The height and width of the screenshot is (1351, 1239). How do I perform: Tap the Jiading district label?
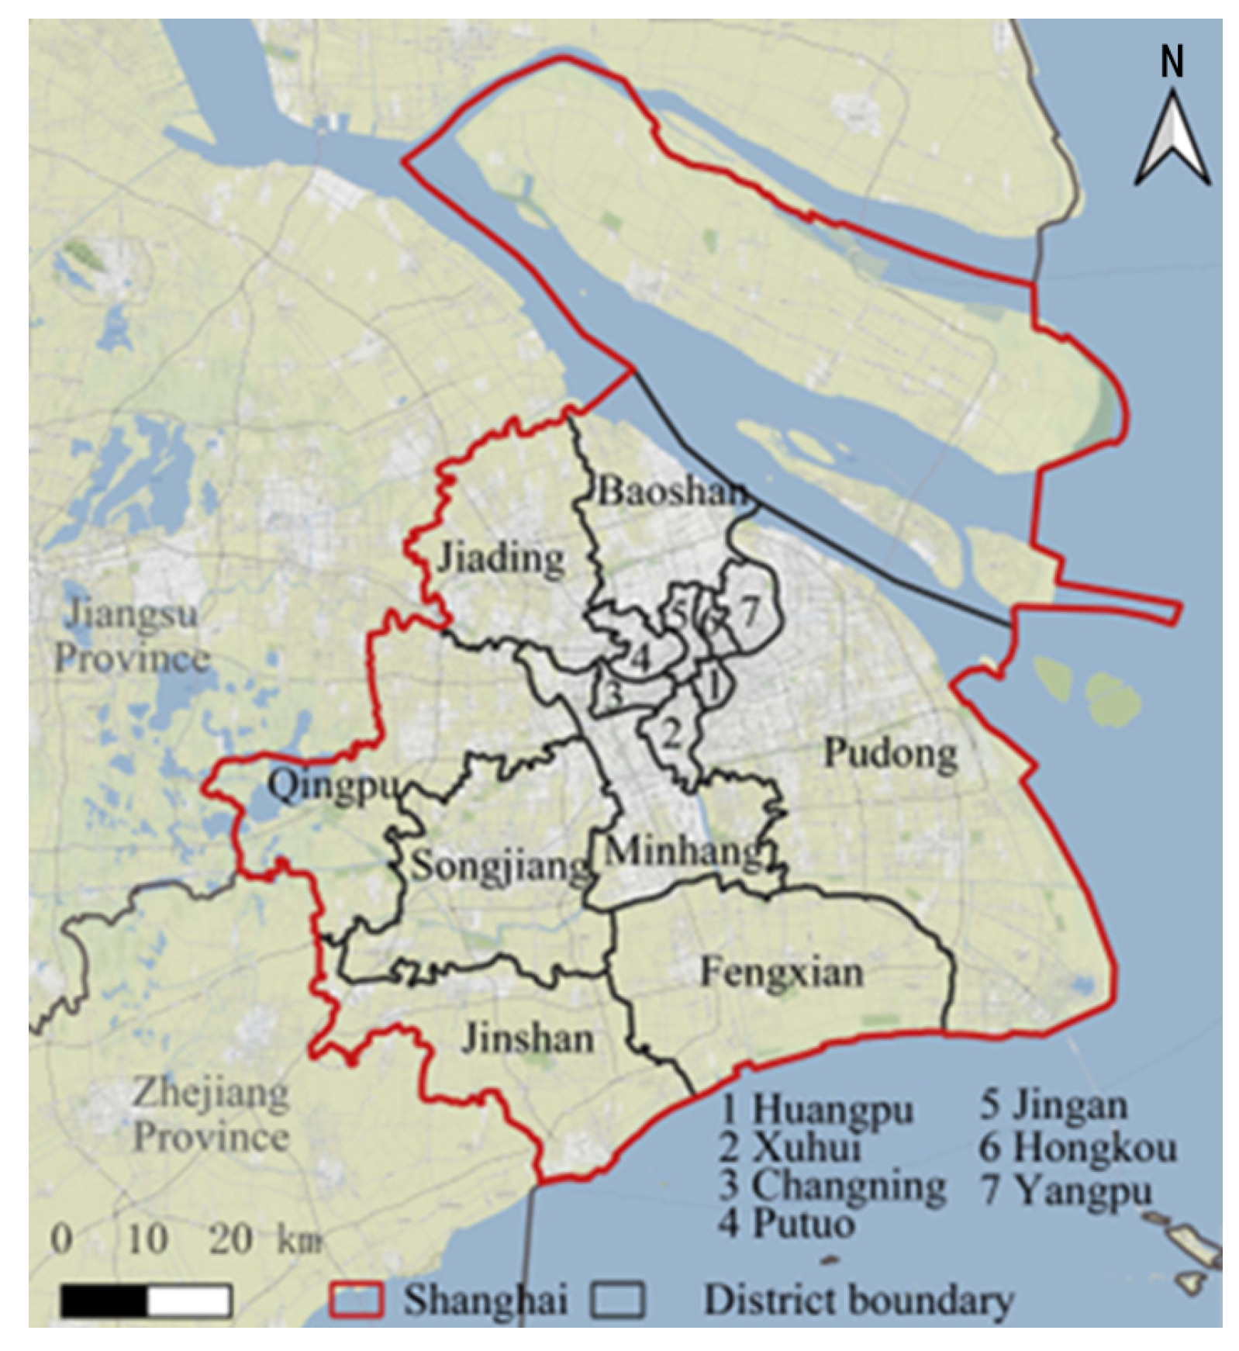point(501,558)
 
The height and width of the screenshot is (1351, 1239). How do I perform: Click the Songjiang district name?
point(500,866)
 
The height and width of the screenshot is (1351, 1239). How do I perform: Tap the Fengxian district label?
point(782,973)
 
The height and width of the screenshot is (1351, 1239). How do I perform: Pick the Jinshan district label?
point(528,1038)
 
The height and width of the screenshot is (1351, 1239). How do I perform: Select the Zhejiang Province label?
point(211,1115)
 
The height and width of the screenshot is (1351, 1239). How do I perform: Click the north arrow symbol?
point(1172,140)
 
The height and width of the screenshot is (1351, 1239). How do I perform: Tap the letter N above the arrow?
point(1172,61)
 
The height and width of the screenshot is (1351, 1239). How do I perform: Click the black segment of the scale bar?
point(104,1301)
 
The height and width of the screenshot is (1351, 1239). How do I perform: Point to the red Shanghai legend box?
point(356,1300)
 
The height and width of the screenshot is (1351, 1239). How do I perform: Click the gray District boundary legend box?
point(617,1300)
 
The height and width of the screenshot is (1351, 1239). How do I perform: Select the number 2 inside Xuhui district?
point(671,732)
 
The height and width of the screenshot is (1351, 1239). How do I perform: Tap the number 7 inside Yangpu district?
point(749,612)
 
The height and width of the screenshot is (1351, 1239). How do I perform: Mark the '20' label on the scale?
point(230,1239)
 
